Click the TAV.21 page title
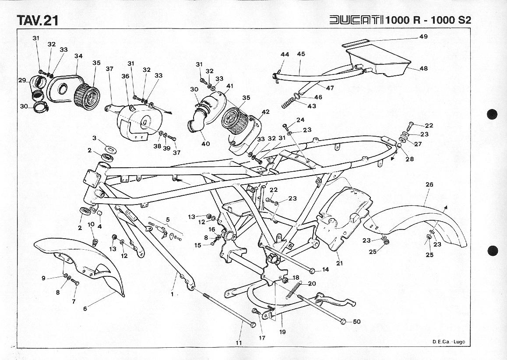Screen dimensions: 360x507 [37, 20]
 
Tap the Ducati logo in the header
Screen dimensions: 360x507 [356, 20]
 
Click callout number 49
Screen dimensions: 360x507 [423, 37]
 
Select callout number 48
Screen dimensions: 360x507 [423, 68]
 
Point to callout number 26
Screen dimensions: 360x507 [429, 184]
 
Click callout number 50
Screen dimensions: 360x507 [356, 321]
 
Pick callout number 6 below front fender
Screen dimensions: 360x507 [85, 308]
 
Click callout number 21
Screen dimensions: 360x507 [339, 263]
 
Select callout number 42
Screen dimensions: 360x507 [265, 112]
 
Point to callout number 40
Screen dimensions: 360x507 [205, 144]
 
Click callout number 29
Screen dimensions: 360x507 [22, 80]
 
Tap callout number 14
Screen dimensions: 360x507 [325, 269]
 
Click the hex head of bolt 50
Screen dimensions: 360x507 [343, 321]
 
